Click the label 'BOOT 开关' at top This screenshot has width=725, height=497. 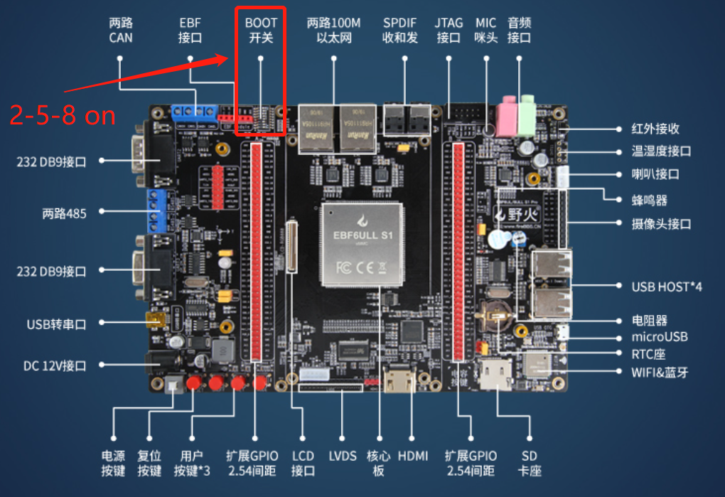(x=261, y=30)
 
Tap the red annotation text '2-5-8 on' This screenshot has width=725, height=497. (x=63, y=115)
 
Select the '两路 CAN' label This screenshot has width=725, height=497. (x=121, y=30)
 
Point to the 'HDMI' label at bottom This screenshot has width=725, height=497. (x=413, y=456)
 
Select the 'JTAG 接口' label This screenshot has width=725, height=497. (x=449, y=30)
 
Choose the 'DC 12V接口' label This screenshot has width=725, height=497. (x=55, y=365)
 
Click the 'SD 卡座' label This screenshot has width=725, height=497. (x=530, y=463)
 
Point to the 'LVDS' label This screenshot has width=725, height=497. (x=343, y=456)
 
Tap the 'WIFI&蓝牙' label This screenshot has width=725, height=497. (x=660, y=372)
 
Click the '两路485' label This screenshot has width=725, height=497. (x=64, y=212)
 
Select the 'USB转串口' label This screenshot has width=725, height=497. (x=56, y=324)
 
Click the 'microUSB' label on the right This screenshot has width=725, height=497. (x=660, y=336)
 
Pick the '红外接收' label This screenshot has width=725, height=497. (x=655, y=129)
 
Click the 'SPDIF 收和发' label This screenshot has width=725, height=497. (x=400, y=30)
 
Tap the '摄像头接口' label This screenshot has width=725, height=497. (x=662, y=223)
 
